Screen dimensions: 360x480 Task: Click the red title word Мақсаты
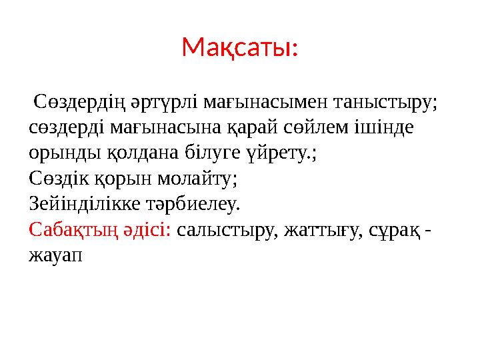pyautogui.click(x=239, y=47)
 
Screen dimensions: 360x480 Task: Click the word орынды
pyautogui.click(x=65, y=153)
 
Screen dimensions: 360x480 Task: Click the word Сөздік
pyautogui.click(x=58, y=178)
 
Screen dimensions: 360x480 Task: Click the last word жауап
pyautogui.click(x=55, y=255)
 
